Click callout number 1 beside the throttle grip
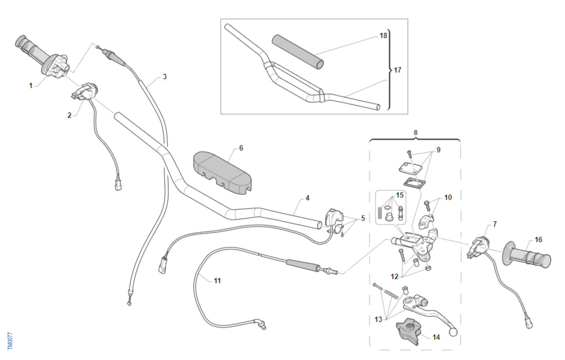point(30,85)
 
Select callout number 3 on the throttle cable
point(164,77)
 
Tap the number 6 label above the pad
point(241,148)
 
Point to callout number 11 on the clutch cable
point(217,280)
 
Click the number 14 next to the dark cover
point(436,337)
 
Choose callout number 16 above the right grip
point(523,239)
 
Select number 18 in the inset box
point(383,36)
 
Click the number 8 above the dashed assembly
point(416,132)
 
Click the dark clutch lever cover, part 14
point(409,331)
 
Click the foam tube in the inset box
point(298,51)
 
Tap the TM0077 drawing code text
point(11,341)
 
